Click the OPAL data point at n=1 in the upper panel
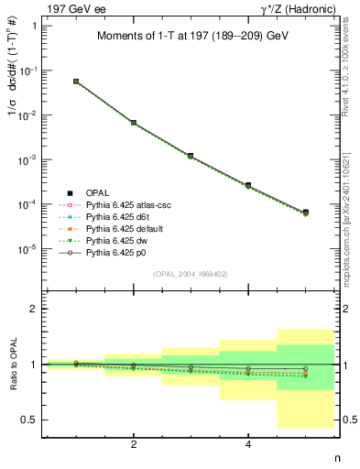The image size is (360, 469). [x=76, y=82]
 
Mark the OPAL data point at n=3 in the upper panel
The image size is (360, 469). [x=191, y=156]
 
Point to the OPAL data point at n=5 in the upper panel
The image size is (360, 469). [x=305, y=213]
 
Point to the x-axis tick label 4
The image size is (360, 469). [x=248, y=444]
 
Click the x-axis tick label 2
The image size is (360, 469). [x=134, y=444]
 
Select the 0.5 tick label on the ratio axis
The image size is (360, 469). [x=29, y=420]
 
